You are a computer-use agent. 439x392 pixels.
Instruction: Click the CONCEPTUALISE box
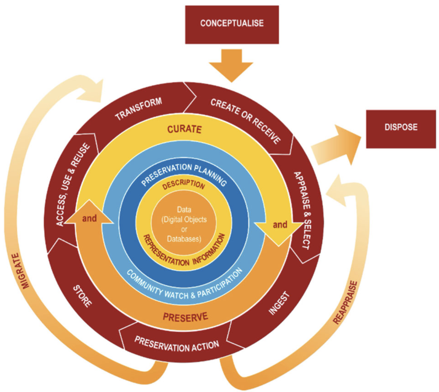tap(232, 24)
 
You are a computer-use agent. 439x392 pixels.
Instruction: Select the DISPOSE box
tap(401, 127)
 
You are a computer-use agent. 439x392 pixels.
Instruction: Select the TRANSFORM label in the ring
tap(138, 109)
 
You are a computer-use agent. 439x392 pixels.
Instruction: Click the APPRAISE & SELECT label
tap(302, 210)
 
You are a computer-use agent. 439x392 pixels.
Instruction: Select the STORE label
tap(82, 296)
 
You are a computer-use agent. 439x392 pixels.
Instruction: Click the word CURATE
tap(184, 129)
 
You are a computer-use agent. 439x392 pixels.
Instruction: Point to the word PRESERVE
tap(185, 317)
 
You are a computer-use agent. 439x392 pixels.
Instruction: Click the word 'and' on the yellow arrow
tap(280, 225)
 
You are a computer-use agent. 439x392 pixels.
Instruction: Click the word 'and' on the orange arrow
tap(89, 218)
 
